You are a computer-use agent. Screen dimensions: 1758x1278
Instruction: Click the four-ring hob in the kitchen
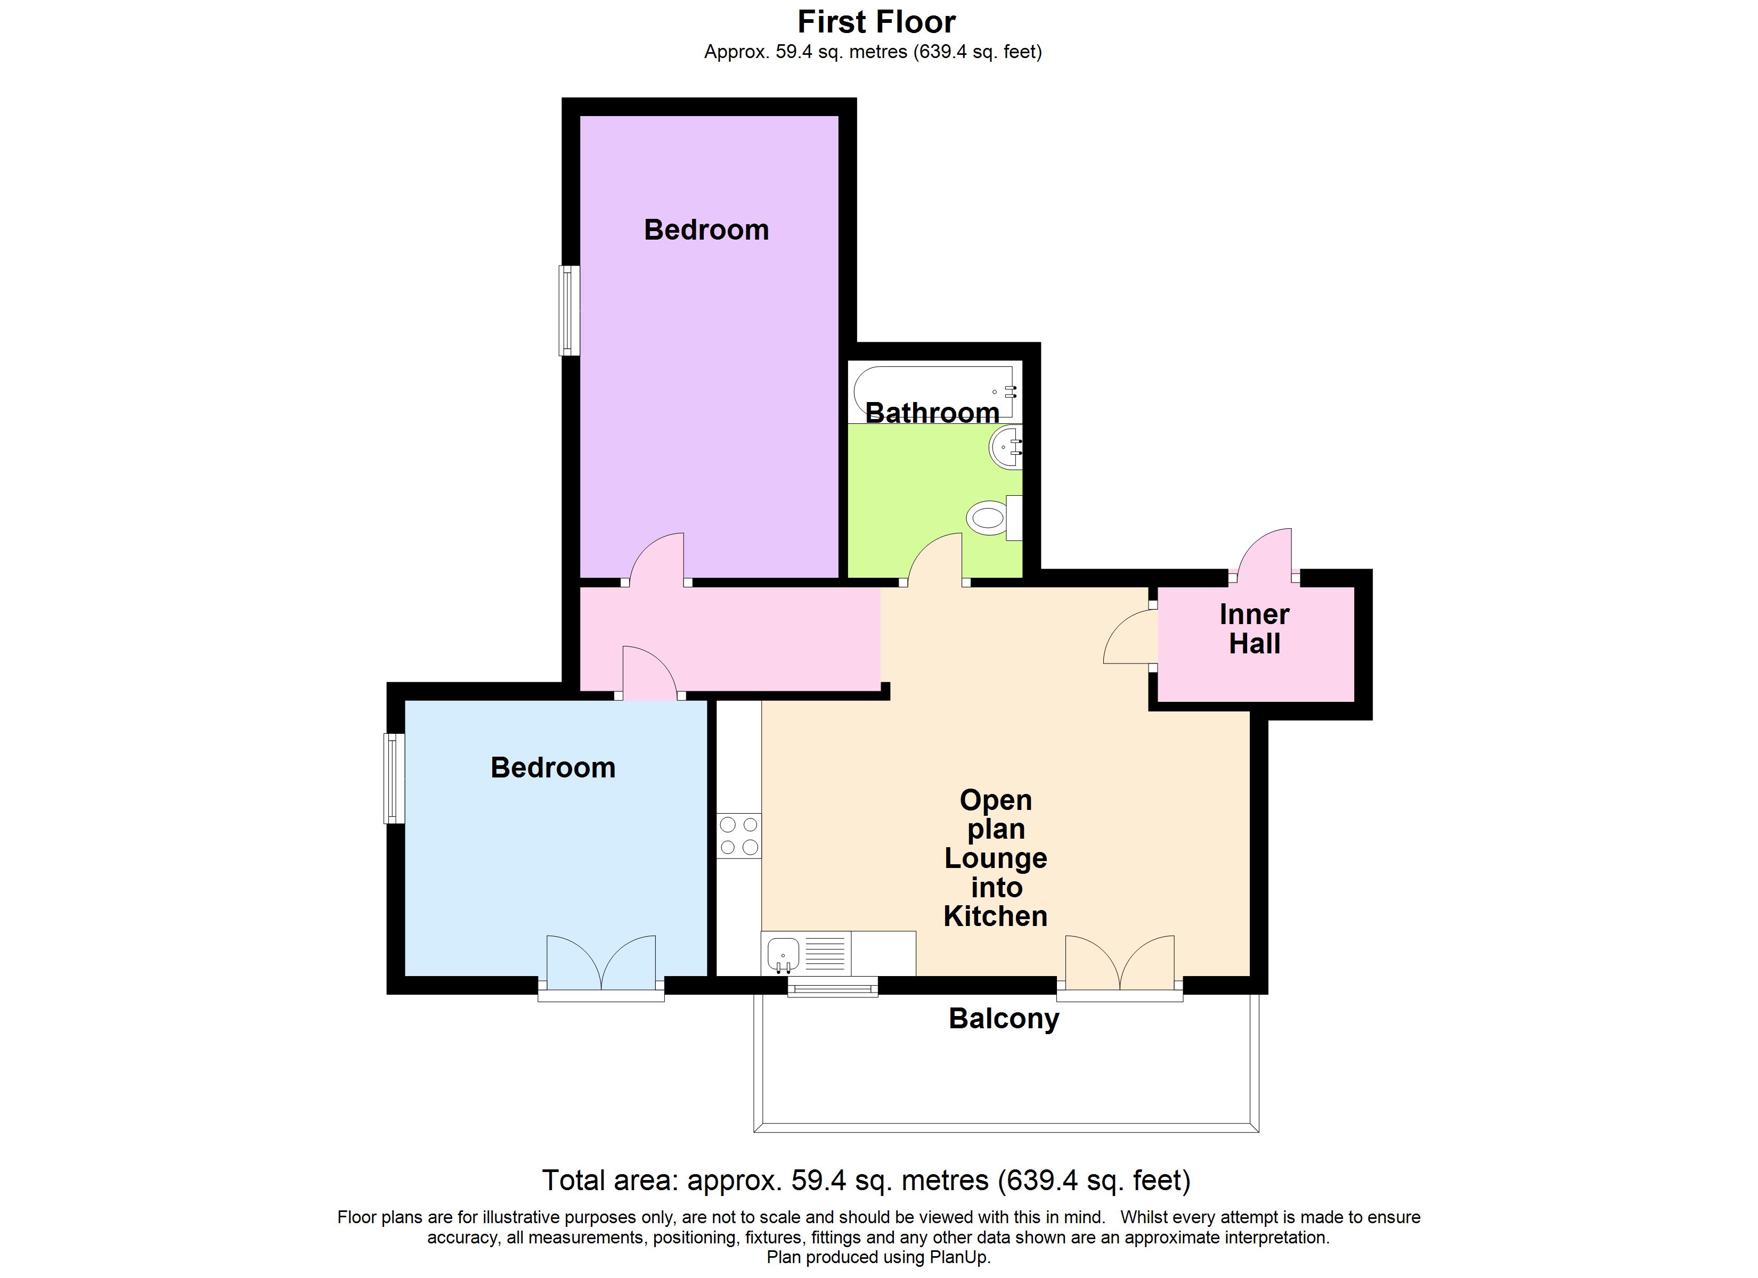point(739,836)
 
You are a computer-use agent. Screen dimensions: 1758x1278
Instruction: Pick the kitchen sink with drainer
point(806,953)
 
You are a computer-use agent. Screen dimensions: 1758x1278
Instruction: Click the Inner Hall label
point(1254,628)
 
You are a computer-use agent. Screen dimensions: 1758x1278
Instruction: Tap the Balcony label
point(1004,1018)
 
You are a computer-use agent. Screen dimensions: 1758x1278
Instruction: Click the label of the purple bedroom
point(706,230)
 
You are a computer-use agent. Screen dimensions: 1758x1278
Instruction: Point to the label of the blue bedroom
point(552,767)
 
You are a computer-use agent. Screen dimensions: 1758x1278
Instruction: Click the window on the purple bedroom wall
point(569,311)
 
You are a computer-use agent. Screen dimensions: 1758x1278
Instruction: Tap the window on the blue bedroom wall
point(395,778)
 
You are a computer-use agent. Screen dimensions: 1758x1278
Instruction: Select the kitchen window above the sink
point(833,987)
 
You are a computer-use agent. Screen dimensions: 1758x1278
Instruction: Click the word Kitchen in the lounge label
point(995,916)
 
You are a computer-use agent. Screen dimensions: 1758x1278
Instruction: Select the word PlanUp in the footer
point(962,1257)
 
